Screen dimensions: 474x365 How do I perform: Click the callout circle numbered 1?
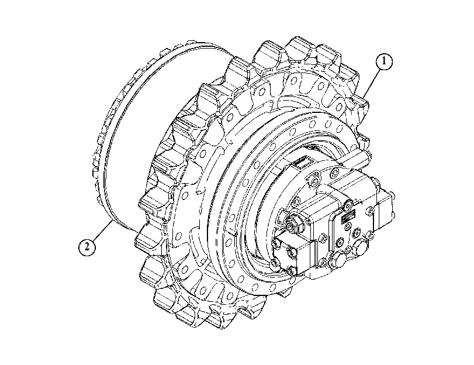(x=384, y=61)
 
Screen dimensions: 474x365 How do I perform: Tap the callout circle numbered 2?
(x=87, y=247)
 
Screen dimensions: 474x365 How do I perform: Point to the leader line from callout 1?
(x=372, y=81)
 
